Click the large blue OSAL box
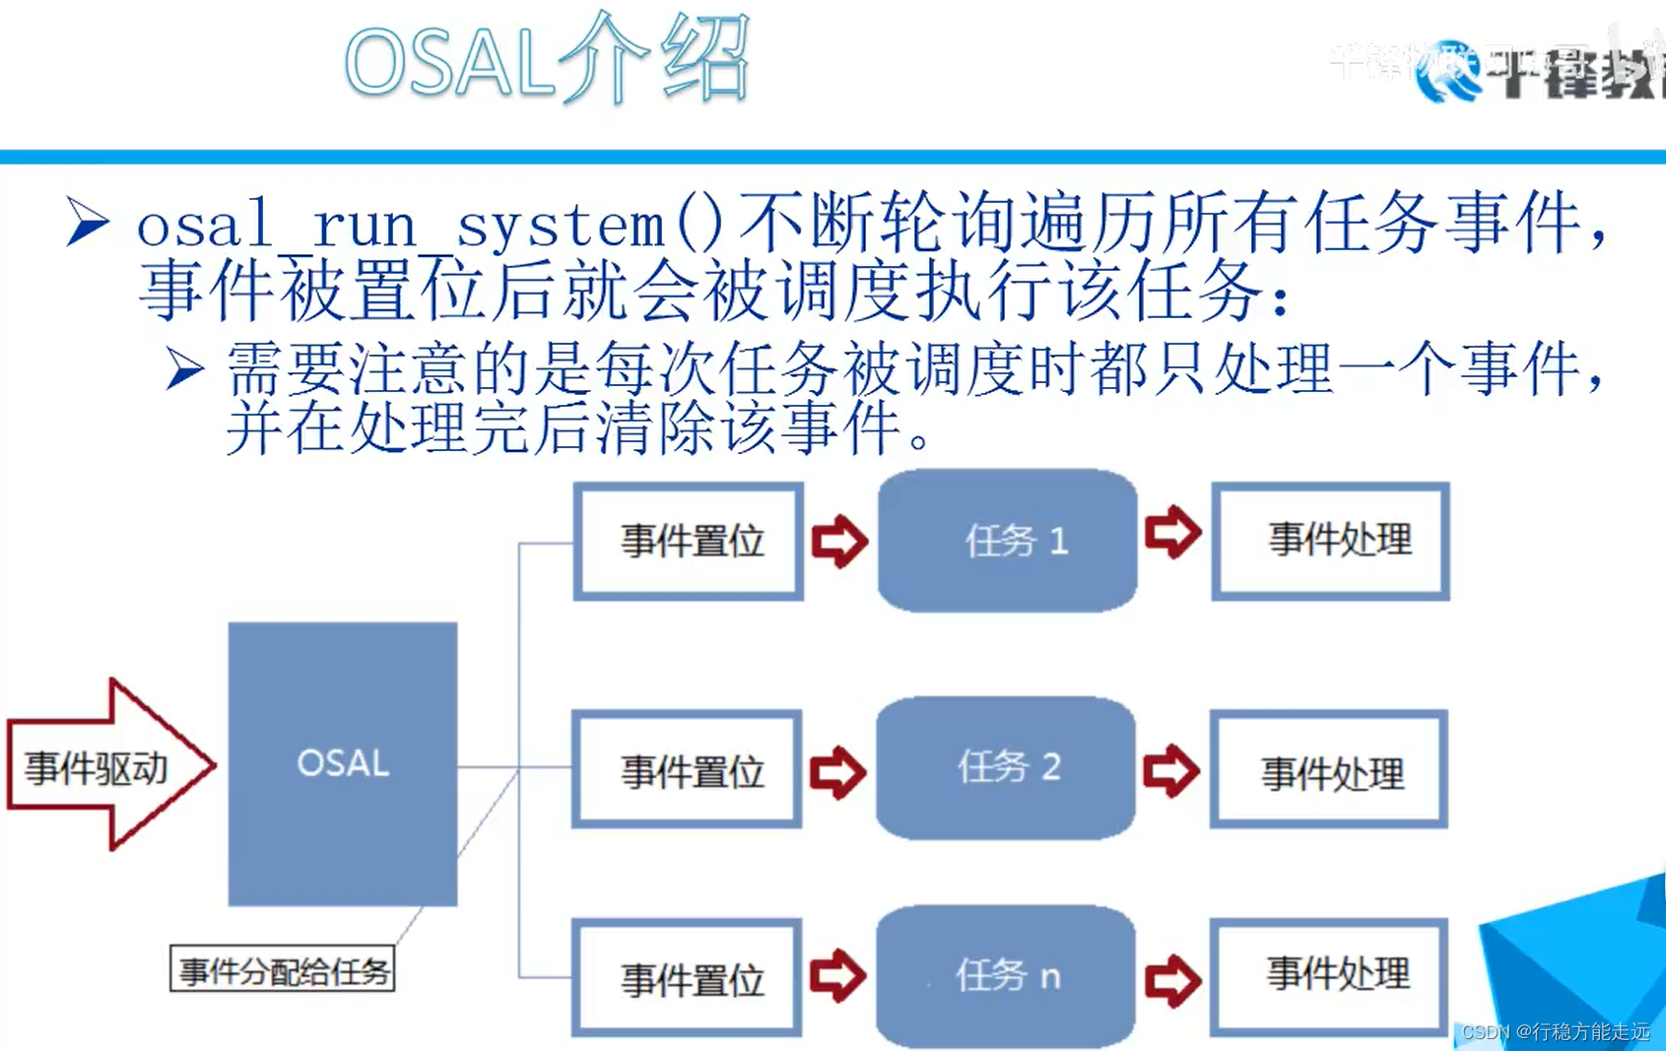click(342, 763)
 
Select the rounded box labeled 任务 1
click(1007, 540)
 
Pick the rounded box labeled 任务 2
click(1005, 767)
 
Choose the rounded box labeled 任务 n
click(1005, 976)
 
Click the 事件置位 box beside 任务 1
click(689, 541)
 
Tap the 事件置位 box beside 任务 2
click(687, 769)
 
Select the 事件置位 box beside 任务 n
click(687, 978)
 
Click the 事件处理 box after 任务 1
click(1330, 540)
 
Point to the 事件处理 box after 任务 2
click(1328, 770)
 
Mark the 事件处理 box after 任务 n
click(1328, 976)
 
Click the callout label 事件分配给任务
click(283, 970)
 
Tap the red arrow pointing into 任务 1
click(839, 541)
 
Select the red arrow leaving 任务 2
click(1170, 770)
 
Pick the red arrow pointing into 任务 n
click(837, 976)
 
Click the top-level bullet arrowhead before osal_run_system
click(88, 221)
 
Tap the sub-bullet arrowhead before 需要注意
click(184, 369)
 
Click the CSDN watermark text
click(1555, 1031)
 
